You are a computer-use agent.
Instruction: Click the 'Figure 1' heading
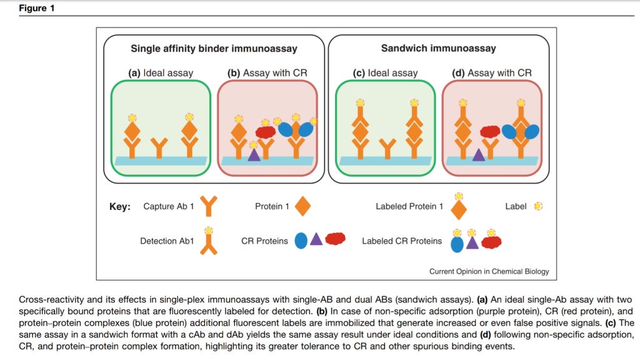36,8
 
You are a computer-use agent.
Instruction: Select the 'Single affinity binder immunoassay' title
214,49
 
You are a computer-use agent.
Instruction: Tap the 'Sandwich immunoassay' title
438,48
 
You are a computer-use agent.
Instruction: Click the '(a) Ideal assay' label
161,73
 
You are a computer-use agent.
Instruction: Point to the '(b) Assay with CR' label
267,73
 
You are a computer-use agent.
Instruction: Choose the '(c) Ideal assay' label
385,73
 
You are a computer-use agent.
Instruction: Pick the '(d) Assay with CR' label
492,73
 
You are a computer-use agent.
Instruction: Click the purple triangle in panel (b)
254,154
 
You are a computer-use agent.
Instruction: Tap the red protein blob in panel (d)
490,131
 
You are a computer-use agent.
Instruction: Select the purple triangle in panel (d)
478,155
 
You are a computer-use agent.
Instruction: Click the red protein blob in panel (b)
265,132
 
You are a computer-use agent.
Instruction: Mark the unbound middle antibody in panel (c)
387,148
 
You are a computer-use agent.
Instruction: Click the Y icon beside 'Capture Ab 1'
209,206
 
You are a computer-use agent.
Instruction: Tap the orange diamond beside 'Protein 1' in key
302,206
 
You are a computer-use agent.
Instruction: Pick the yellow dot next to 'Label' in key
538,206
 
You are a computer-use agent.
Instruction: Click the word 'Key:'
120,206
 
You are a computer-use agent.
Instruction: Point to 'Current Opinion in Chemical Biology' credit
489,271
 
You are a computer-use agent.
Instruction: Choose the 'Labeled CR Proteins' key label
402,241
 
